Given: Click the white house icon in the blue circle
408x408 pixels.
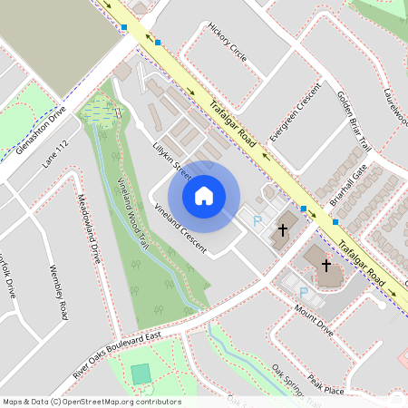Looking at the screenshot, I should [204, 196].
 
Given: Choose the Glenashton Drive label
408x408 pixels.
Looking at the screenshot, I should [41, 132].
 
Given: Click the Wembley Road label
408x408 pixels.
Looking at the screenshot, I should [60, 293].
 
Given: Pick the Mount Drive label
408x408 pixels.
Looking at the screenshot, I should [314, 319].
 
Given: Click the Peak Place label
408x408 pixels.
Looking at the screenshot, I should [325, 384].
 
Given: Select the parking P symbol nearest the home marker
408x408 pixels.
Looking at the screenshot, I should [257, 219].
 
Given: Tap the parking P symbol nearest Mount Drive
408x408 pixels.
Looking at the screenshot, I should [304, 292].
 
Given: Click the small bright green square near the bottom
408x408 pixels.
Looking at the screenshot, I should [141, 374].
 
